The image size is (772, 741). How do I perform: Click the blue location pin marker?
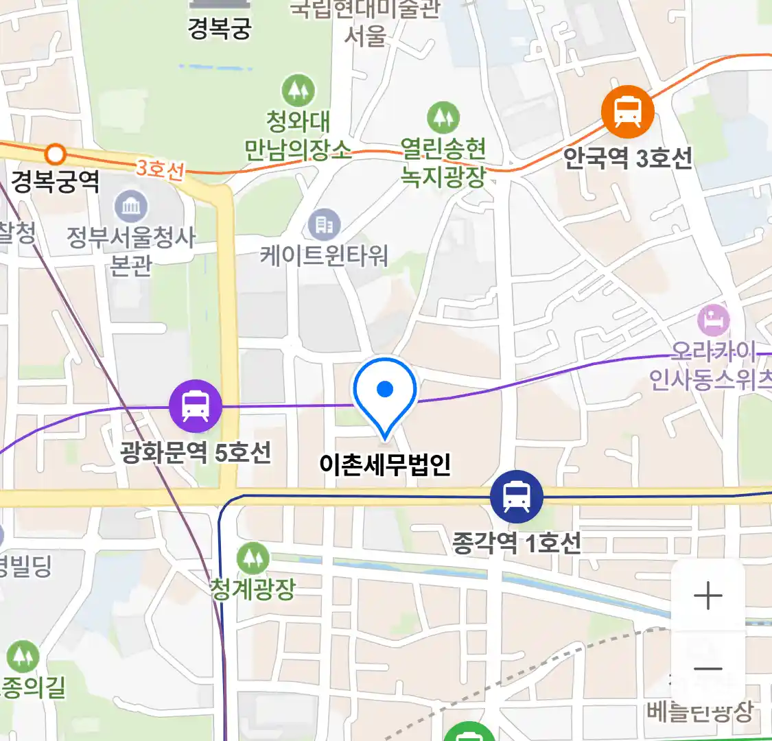tap(385, 394)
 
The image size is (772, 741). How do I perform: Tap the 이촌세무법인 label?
tap(385, 464)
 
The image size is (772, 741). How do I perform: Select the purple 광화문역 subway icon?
tap(196, 405)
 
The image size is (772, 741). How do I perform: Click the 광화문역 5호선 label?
tap(196, 453)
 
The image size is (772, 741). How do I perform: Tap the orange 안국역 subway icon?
tap(627, 111)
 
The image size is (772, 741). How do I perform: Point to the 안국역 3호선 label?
tap(627, 158)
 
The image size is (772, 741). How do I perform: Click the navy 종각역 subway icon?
tap(516, 496)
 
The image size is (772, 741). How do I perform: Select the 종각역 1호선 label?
tap(516, 543)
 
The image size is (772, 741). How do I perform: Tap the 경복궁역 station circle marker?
tap(56, 154)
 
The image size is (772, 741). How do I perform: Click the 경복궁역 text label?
tap(56, 182)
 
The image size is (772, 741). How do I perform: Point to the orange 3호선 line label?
tap(160, 169)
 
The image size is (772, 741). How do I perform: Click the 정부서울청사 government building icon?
tap(130, 207)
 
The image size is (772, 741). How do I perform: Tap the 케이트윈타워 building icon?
tap(324, 224)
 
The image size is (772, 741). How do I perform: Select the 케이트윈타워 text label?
tap(324, 256)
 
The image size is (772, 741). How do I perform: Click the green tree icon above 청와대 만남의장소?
tap(298, 90)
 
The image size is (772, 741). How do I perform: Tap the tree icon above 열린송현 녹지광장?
tap(443, 118)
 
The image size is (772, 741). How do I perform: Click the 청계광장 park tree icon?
tap(253, 558)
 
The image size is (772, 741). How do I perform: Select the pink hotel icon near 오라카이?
tap(713, 320)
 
